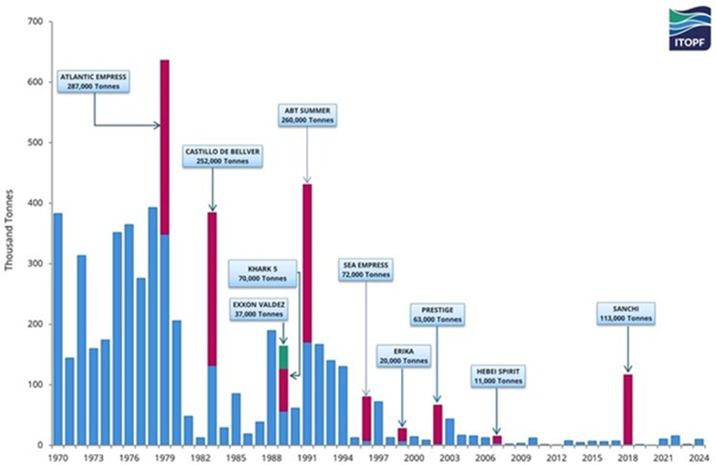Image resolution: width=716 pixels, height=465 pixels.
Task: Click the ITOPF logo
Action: (689, 30)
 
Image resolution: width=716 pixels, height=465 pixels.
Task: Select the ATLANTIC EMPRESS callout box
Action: (93, 81)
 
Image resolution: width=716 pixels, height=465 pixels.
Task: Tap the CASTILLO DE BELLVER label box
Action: (222, 156)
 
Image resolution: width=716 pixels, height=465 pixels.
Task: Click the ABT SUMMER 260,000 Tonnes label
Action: (306, 115)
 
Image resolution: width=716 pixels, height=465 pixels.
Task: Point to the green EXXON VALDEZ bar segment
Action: (283, 357)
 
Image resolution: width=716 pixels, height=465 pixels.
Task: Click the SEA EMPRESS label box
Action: (365, 270)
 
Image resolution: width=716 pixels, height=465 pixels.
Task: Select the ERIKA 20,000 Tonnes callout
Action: (403, 355)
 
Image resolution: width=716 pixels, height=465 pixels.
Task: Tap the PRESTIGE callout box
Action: (436, 315)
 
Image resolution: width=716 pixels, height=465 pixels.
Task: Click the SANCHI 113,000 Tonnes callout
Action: (627, 314)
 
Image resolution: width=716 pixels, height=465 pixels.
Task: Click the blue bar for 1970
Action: (58, 329)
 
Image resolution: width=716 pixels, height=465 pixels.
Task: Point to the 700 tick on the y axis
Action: (33, 21)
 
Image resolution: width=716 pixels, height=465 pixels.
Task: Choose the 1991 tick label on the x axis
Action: (307, 458)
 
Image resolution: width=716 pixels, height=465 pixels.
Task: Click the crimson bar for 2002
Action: (437, 424)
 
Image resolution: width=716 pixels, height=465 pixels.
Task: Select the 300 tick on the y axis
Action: (33, 264)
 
